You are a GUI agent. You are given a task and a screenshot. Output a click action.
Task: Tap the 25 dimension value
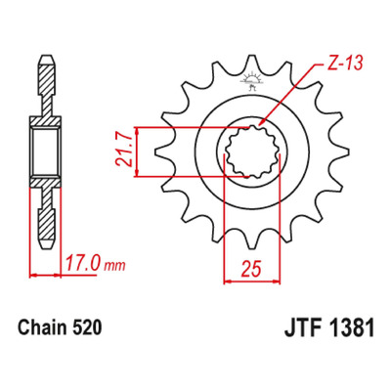tap(251, 269)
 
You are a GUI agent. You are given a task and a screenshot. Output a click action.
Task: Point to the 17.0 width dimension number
tap(83, 264)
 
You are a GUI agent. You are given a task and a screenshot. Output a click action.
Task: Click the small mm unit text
tap(114, 267)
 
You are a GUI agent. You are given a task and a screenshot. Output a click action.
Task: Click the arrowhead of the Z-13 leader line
tap(261, 123)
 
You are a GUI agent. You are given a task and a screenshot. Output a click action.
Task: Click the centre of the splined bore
tap(252, 152)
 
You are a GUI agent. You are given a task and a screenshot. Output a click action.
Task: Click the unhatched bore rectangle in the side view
tap(46, 152)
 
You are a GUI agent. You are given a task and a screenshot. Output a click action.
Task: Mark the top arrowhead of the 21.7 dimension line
tap(137, 130)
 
